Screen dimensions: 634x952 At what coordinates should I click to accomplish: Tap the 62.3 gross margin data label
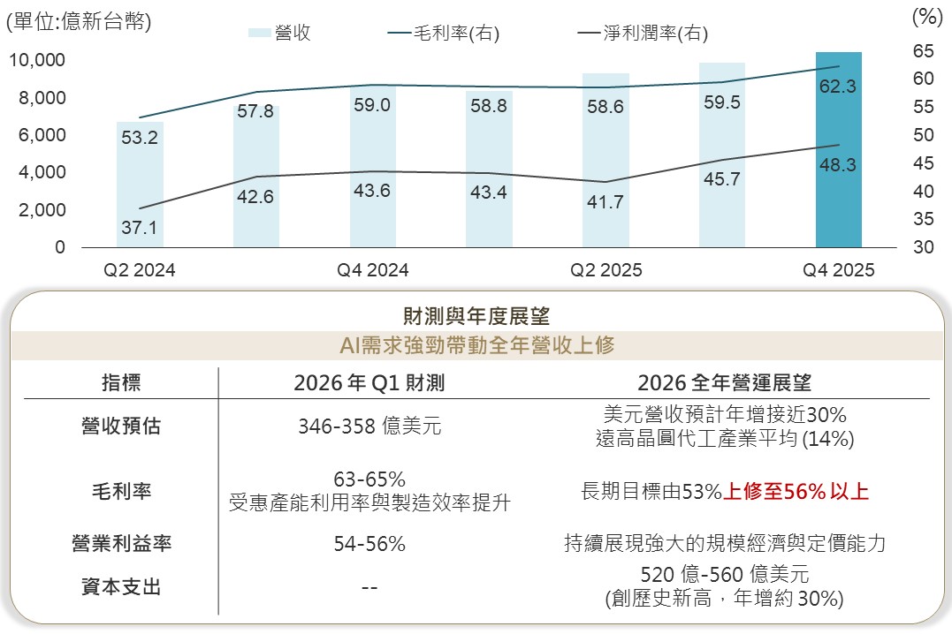coord(838,87)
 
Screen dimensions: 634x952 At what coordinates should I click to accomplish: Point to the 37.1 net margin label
coord(140,228)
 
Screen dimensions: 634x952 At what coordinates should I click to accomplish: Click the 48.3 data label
coord(838,165)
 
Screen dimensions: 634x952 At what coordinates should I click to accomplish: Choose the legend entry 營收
coord(280,34)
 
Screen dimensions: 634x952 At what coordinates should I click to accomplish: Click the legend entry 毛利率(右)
coord(444,34)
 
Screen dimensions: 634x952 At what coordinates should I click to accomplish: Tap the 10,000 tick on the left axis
coord(37,60)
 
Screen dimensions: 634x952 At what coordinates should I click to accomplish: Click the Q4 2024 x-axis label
coord(373,270)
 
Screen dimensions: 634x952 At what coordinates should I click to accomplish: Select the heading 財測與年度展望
coord(476,313)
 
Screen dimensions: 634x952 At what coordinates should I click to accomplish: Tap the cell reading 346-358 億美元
coord(369,427)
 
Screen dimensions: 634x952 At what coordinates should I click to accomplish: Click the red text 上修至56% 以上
coord(796,492)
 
